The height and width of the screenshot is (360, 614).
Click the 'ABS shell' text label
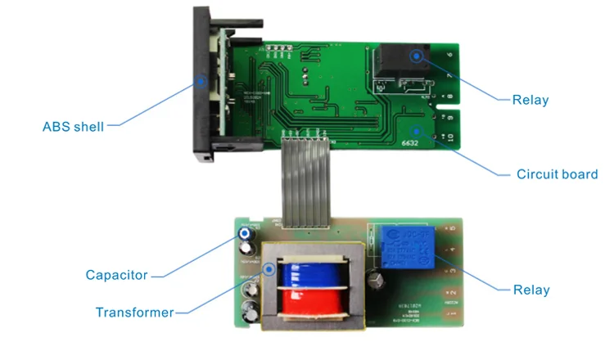click(74, 127)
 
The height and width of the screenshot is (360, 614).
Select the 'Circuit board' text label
click(557, 174)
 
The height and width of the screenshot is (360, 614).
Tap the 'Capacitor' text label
click(116, 275)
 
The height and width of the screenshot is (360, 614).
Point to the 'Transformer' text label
click(134, 313)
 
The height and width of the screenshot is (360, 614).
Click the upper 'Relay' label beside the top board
click(530, 101)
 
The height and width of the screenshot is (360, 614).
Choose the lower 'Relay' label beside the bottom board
click(531, 290)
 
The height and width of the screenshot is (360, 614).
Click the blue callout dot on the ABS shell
click(202, 81)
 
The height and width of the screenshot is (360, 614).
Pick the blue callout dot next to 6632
click(417, 128)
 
